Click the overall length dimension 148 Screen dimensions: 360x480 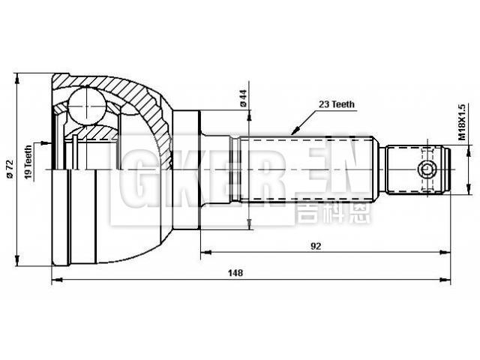pyautogui.click(x=236, y=273)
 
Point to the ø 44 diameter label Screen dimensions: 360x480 pyautogui.click(x=244, y=98)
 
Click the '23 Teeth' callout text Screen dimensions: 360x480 pyautogui.click(x=336, y=105)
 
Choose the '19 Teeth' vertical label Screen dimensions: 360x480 pyautogui.click(x=28, y=160)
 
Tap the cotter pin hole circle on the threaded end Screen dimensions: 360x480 pyautogui.click(x=427, y=169)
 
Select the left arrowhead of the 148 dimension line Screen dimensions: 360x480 pyautogui.click(x=55, y=281)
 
